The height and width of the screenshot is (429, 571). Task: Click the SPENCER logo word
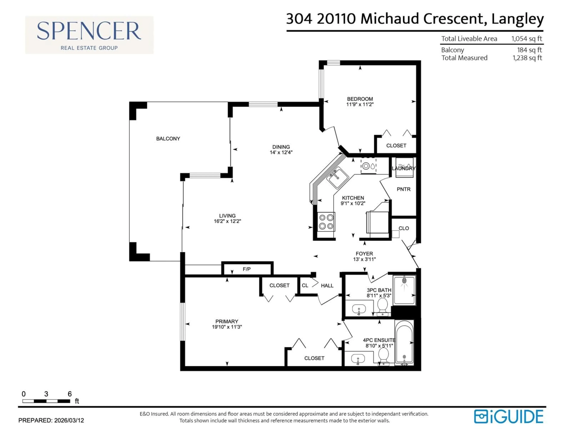coord(89,31)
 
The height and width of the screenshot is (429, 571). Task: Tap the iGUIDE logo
coord(509,417)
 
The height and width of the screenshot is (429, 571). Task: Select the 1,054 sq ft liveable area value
coord(527,39)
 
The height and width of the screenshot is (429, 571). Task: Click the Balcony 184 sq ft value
coord(529,50)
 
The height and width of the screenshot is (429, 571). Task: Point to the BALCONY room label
coord(168,139)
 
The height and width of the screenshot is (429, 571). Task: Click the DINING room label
coord(281,147)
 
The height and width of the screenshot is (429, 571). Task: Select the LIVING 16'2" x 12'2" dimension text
coord(227,221)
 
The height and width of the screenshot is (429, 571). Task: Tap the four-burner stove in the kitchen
coord(326,222)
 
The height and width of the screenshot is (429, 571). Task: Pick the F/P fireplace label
coord(247,269)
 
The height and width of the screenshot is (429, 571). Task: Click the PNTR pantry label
coord(403,189)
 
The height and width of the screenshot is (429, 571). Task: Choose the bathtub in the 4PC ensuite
coord(404,343)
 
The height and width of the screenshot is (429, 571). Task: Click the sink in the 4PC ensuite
coord(358,359)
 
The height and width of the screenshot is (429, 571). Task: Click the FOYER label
coord(364,254)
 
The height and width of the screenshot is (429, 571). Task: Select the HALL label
coord(327,286)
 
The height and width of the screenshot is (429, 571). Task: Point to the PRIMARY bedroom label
coord(227,321)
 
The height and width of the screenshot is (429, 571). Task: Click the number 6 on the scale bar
coord(70,394)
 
